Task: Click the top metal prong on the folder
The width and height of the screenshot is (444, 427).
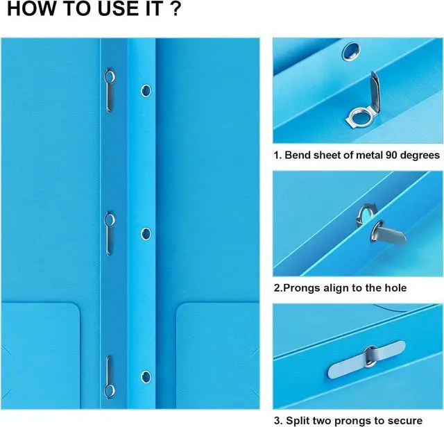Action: coord(110,90)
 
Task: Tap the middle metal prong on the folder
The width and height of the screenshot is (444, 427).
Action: coord(110,233)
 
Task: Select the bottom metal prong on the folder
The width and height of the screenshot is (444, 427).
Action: coord(110,377)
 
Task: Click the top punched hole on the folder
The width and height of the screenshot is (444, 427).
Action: coord(146,91)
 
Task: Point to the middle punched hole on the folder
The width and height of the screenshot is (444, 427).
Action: coord(146,234)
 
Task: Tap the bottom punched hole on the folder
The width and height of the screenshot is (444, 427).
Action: coord(146,377)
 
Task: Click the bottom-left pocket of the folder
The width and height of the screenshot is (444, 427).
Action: coord(40,355)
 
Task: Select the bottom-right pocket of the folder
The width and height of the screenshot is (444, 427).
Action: coord(218,355)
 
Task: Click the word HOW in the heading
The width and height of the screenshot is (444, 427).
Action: coord(31,8)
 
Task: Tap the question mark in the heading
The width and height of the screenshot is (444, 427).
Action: coord(176,8)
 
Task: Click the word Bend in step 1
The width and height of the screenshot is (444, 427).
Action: coord(296,155)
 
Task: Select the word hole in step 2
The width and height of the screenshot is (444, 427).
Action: coord(395,288)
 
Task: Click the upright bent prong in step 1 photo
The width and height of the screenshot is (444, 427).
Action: coord(375,92)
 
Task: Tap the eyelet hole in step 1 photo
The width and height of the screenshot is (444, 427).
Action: coord(351,51)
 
